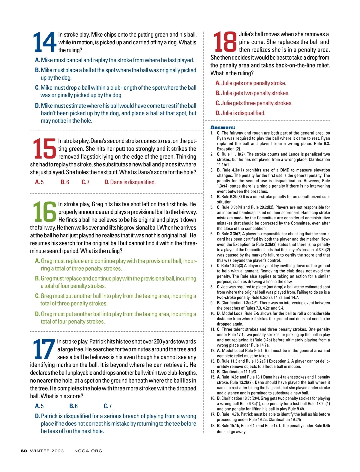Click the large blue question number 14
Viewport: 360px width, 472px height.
point(44,42)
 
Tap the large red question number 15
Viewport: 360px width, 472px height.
point(44,148)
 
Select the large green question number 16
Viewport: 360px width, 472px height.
point(44,212)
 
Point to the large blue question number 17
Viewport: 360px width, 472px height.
point(44,349)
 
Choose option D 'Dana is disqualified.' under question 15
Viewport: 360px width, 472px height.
point(130,182)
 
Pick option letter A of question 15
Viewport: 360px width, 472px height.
point(37,182)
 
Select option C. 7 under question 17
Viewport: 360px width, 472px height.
point(107,406)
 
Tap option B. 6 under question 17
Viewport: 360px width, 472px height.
point(73,406)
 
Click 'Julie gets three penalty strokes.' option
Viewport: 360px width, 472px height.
point(254,103)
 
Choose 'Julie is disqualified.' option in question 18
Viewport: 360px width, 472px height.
point(240,113)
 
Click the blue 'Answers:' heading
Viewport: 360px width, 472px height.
point(223,127)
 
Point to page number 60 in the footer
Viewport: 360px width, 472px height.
point(24,451)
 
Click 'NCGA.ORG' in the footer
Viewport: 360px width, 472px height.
point(88,451)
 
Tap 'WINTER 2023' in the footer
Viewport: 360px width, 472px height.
point(47,451)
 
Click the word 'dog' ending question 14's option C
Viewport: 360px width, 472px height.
point(117,95)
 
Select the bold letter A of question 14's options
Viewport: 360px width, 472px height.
point(37,60)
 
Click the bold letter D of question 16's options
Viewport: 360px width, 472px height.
point(37,314)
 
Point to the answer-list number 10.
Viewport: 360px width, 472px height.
point(212,313)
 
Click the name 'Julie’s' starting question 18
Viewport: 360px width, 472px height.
point(248,34)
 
